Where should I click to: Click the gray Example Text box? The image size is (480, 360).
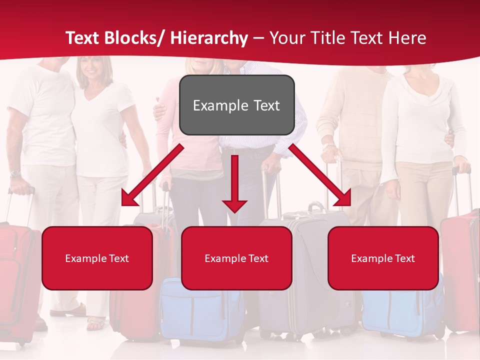[x=236, y=105]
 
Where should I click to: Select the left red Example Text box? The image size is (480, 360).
[x=97, y=258]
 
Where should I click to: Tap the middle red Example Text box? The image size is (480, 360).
[x=236, y=258]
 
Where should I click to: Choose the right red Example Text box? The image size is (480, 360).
[x=383, y=258]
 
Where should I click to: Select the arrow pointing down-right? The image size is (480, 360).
[x=320, y=175]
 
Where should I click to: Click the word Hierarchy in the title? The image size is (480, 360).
[x=209, y=38]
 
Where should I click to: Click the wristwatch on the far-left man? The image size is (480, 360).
[x=15, y=174]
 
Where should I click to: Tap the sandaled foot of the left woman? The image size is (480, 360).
[x=96, y=323]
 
